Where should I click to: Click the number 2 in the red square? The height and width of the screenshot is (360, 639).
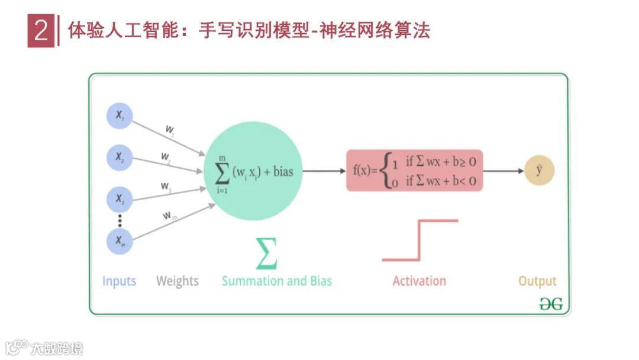pyautogui.click(x=41, y=31)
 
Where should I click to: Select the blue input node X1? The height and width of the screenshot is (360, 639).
pyautogui.click(x=120, y=116)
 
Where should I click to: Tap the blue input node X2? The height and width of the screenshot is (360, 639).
pyautogui.click(x=120, y=157)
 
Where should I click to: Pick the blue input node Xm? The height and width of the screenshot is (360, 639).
pyautogui.click(x=120, y=241)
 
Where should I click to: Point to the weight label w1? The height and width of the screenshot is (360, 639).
pyautogui.click(x=170, y=128)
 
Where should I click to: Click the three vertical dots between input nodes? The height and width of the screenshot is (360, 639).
pyautogui.click(x=120, y=220)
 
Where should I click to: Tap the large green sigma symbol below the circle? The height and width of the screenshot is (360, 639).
pyautogui.click(x=266, y=253)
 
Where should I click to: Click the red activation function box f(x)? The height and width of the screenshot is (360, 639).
pyautogui.click(x=414, y=171)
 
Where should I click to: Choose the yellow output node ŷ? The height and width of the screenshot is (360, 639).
pyautogui.click(x=539, y=171)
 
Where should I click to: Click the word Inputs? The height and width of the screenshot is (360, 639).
pyautogui.click(x=119, y=281)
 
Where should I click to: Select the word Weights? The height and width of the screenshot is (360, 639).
pyautogui.click(x=177, y=281)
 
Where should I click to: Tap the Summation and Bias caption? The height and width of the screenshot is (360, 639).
pyautogui.click(x=277, y=281)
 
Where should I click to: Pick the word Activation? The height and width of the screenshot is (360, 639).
pyautogui.click(x=419, y=281)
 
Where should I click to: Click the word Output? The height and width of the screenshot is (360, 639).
pyautogui.click(x=537, y=281)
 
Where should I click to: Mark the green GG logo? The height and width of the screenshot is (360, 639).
pyautogui.click(x=551, y=304)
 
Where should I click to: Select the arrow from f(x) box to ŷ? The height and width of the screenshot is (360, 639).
pyautogui.click(x=504, y=171)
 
